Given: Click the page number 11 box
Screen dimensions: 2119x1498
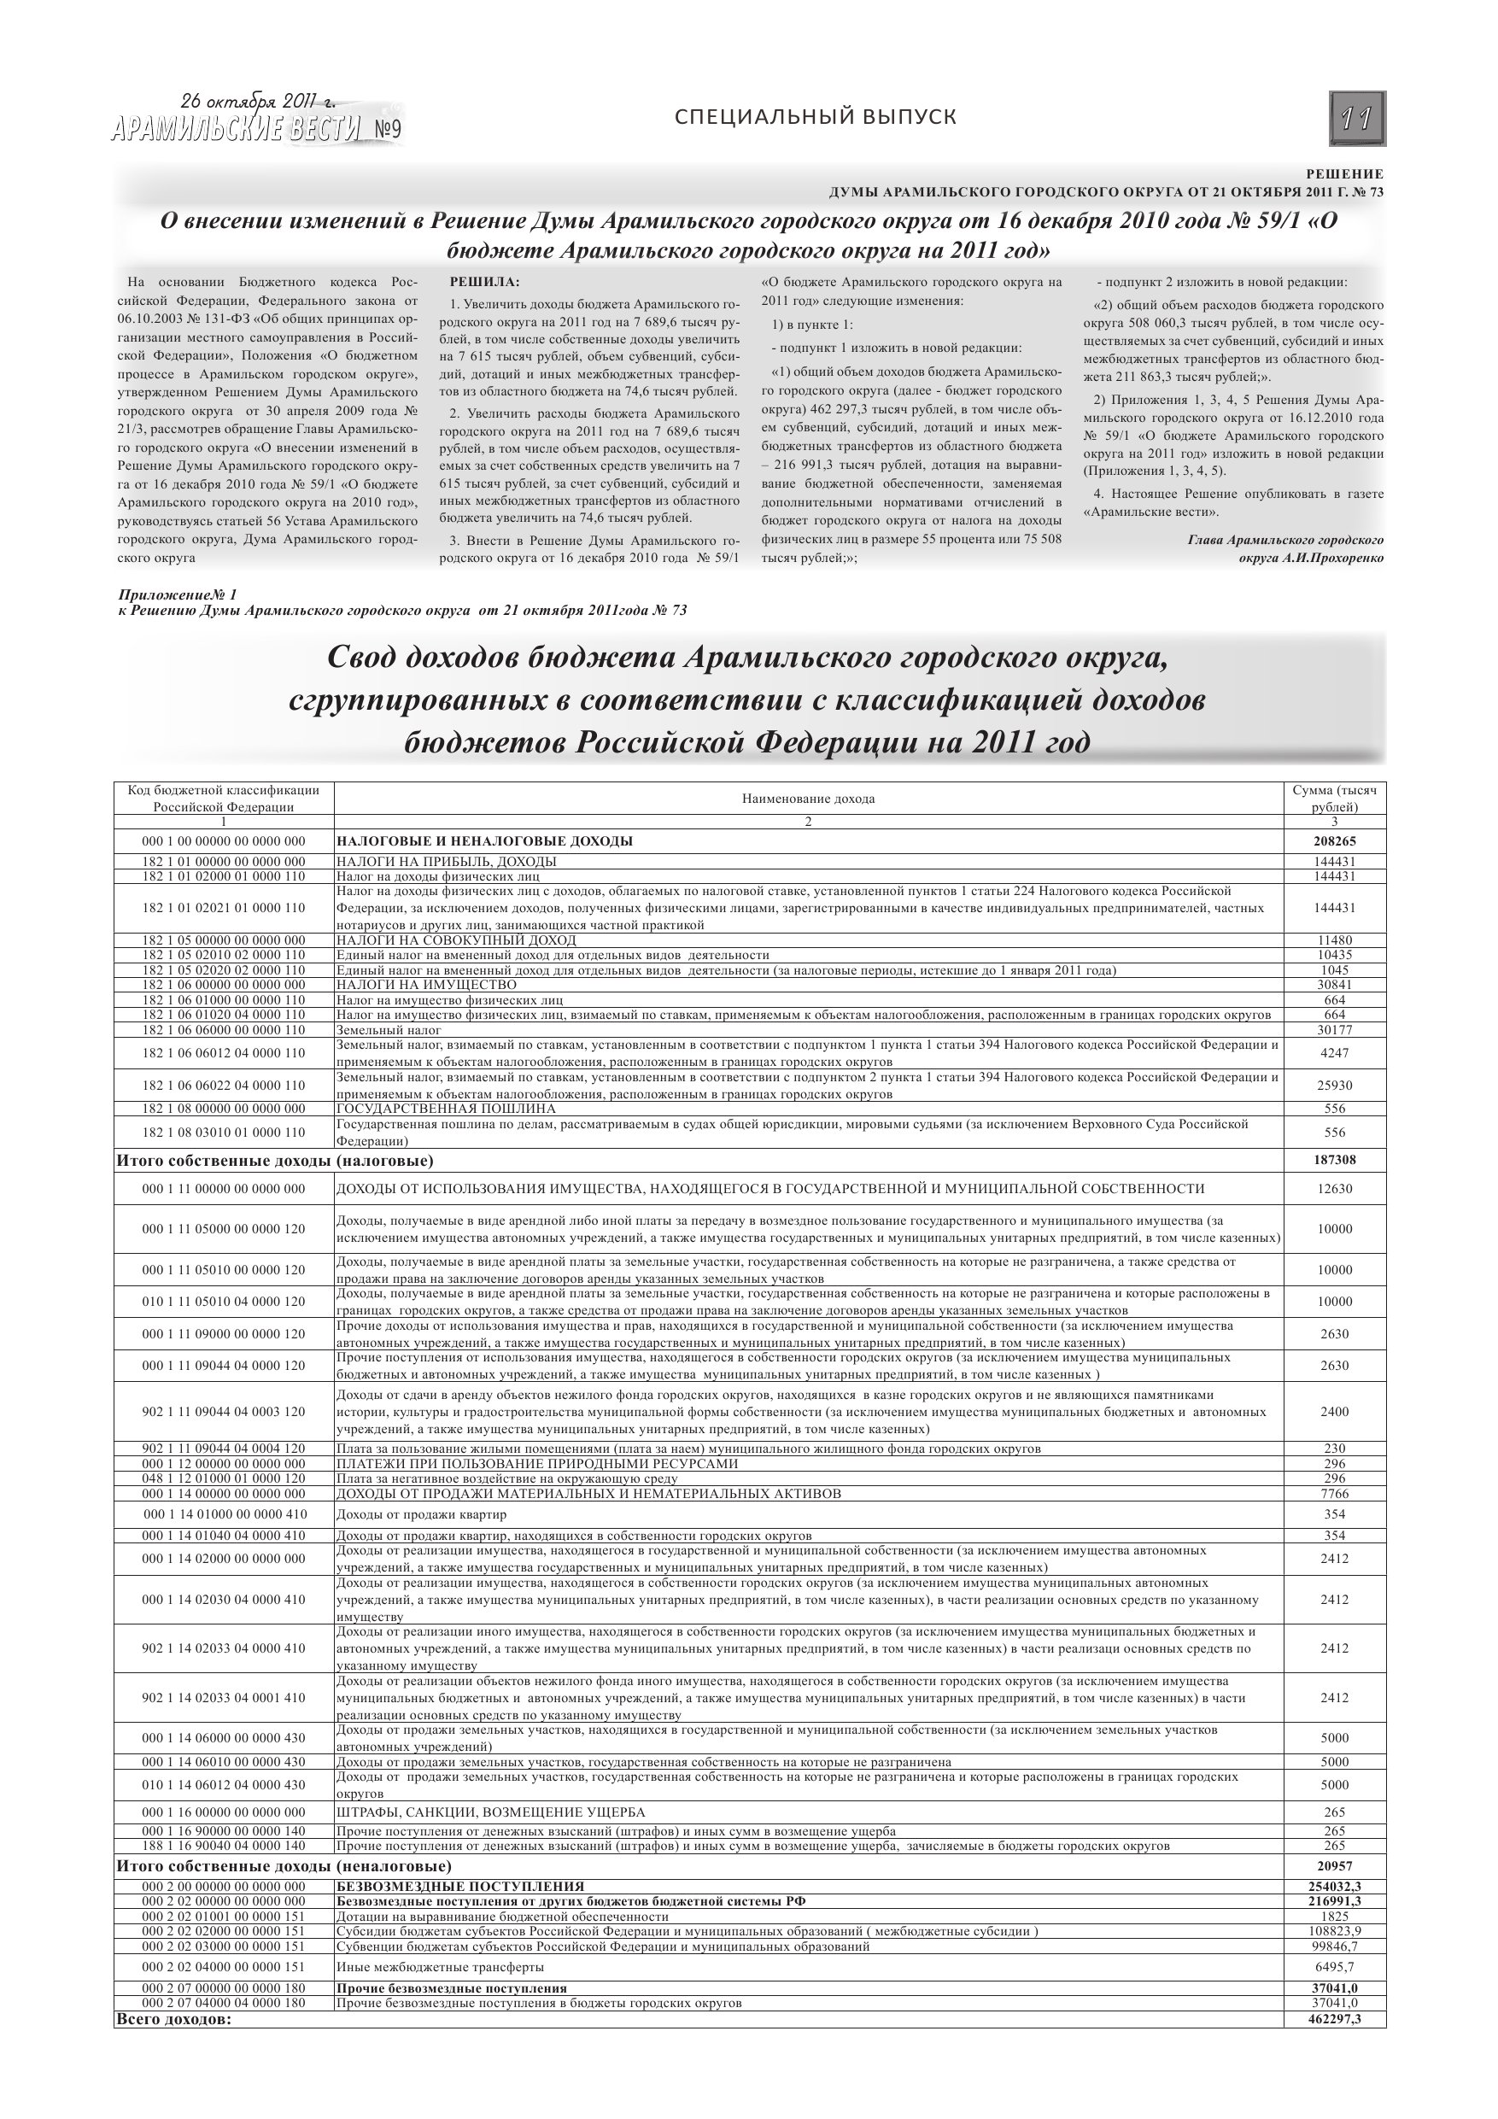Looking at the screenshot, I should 1357,119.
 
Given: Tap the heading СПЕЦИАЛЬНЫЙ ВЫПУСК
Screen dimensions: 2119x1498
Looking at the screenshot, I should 815,117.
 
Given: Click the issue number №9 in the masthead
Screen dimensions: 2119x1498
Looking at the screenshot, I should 388,131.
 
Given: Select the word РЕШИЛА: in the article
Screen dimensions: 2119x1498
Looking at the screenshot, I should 484,282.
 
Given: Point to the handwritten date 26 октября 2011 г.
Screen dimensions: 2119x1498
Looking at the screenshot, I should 258,102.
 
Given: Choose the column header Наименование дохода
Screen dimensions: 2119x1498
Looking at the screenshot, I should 808,799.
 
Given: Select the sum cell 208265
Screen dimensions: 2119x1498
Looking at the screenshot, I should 1335,840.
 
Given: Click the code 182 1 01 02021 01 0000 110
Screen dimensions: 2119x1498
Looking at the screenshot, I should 224,908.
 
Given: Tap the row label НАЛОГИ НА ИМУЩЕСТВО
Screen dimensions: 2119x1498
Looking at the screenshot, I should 426,985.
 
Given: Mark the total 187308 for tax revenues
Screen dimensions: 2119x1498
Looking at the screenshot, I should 1335,1160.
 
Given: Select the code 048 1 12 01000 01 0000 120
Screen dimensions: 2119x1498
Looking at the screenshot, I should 224,1478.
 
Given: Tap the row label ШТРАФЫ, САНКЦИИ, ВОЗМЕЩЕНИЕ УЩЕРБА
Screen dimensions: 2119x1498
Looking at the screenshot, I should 491,1812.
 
